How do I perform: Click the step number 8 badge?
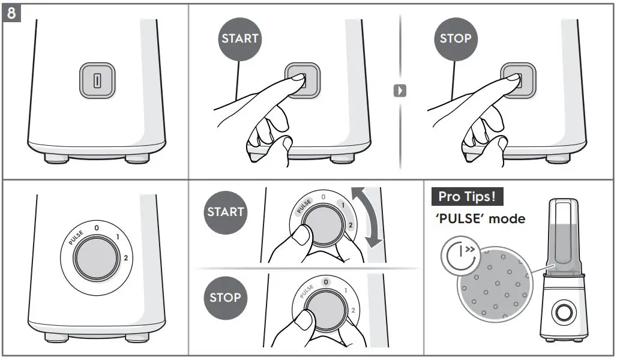tap(11, 13)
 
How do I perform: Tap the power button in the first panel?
tap(97, 80)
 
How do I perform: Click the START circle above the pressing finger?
tap(239, 39)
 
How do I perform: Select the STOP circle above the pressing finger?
tap(456, 39)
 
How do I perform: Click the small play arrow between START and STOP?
tap(400, 91)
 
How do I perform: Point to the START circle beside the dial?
tap(226, 212)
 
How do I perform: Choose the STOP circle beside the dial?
tap(226, 298)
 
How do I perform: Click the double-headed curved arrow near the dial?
tap(368, 217)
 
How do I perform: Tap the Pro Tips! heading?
tap(467, 196)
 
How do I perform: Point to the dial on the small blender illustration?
tap(564, 311)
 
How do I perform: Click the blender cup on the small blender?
tap(564, 236)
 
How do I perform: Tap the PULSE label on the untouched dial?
tap(76, 238)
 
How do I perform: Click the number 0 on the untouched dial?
tap(97, 228)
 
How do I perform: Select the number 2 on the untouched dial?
tap(126, 258)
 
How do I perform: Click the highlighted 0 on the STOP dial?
tap(325, 282)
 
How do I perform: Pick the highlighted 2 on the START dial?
tap(350, 225)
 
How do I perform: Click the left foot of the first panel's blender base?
tap(56, 158)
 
